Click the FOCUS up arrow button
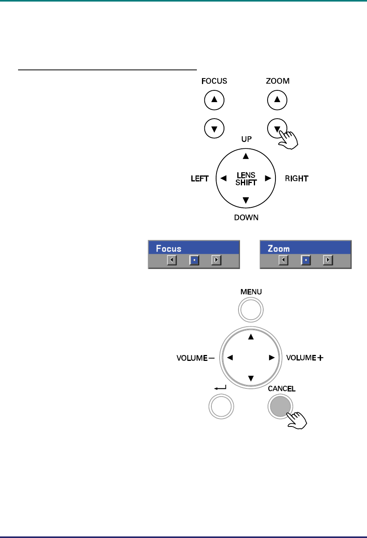tap(214, 100)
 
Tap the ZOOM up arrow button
tap(277, 100)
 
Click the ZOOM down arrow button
tap(277, 128)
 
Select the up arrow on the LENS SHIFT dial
tap(246, 156)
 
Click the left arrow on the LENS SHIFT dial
tap(224, 178)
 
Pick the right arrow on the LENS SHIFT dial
tap(268, 178)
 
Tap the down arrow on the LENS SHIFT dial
tap(246, 201)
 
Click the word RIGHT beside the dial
tap(297, 179)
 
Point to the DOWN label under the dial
tap(246, 218)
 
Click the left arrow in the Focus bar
tap(172, 260)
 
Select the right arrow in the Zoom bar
tap(328, 260)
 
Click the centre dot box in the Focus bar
tap(194, 260)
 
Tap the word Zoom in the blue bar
tap(279, 249)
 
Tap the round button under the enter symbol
tap(221, 406)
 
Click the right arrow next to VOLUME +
tap(271, 358)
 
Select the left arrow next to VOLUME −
tap(230, 358)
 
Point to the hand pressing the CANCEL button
tap(297, 420)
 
